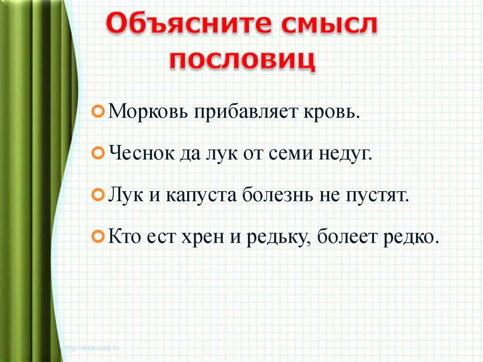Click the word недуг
pos(346,154)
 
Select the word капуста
pos(201,195)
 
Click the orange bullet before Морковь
pos(97,112)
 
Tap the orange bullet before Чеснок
pos(97,153)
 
